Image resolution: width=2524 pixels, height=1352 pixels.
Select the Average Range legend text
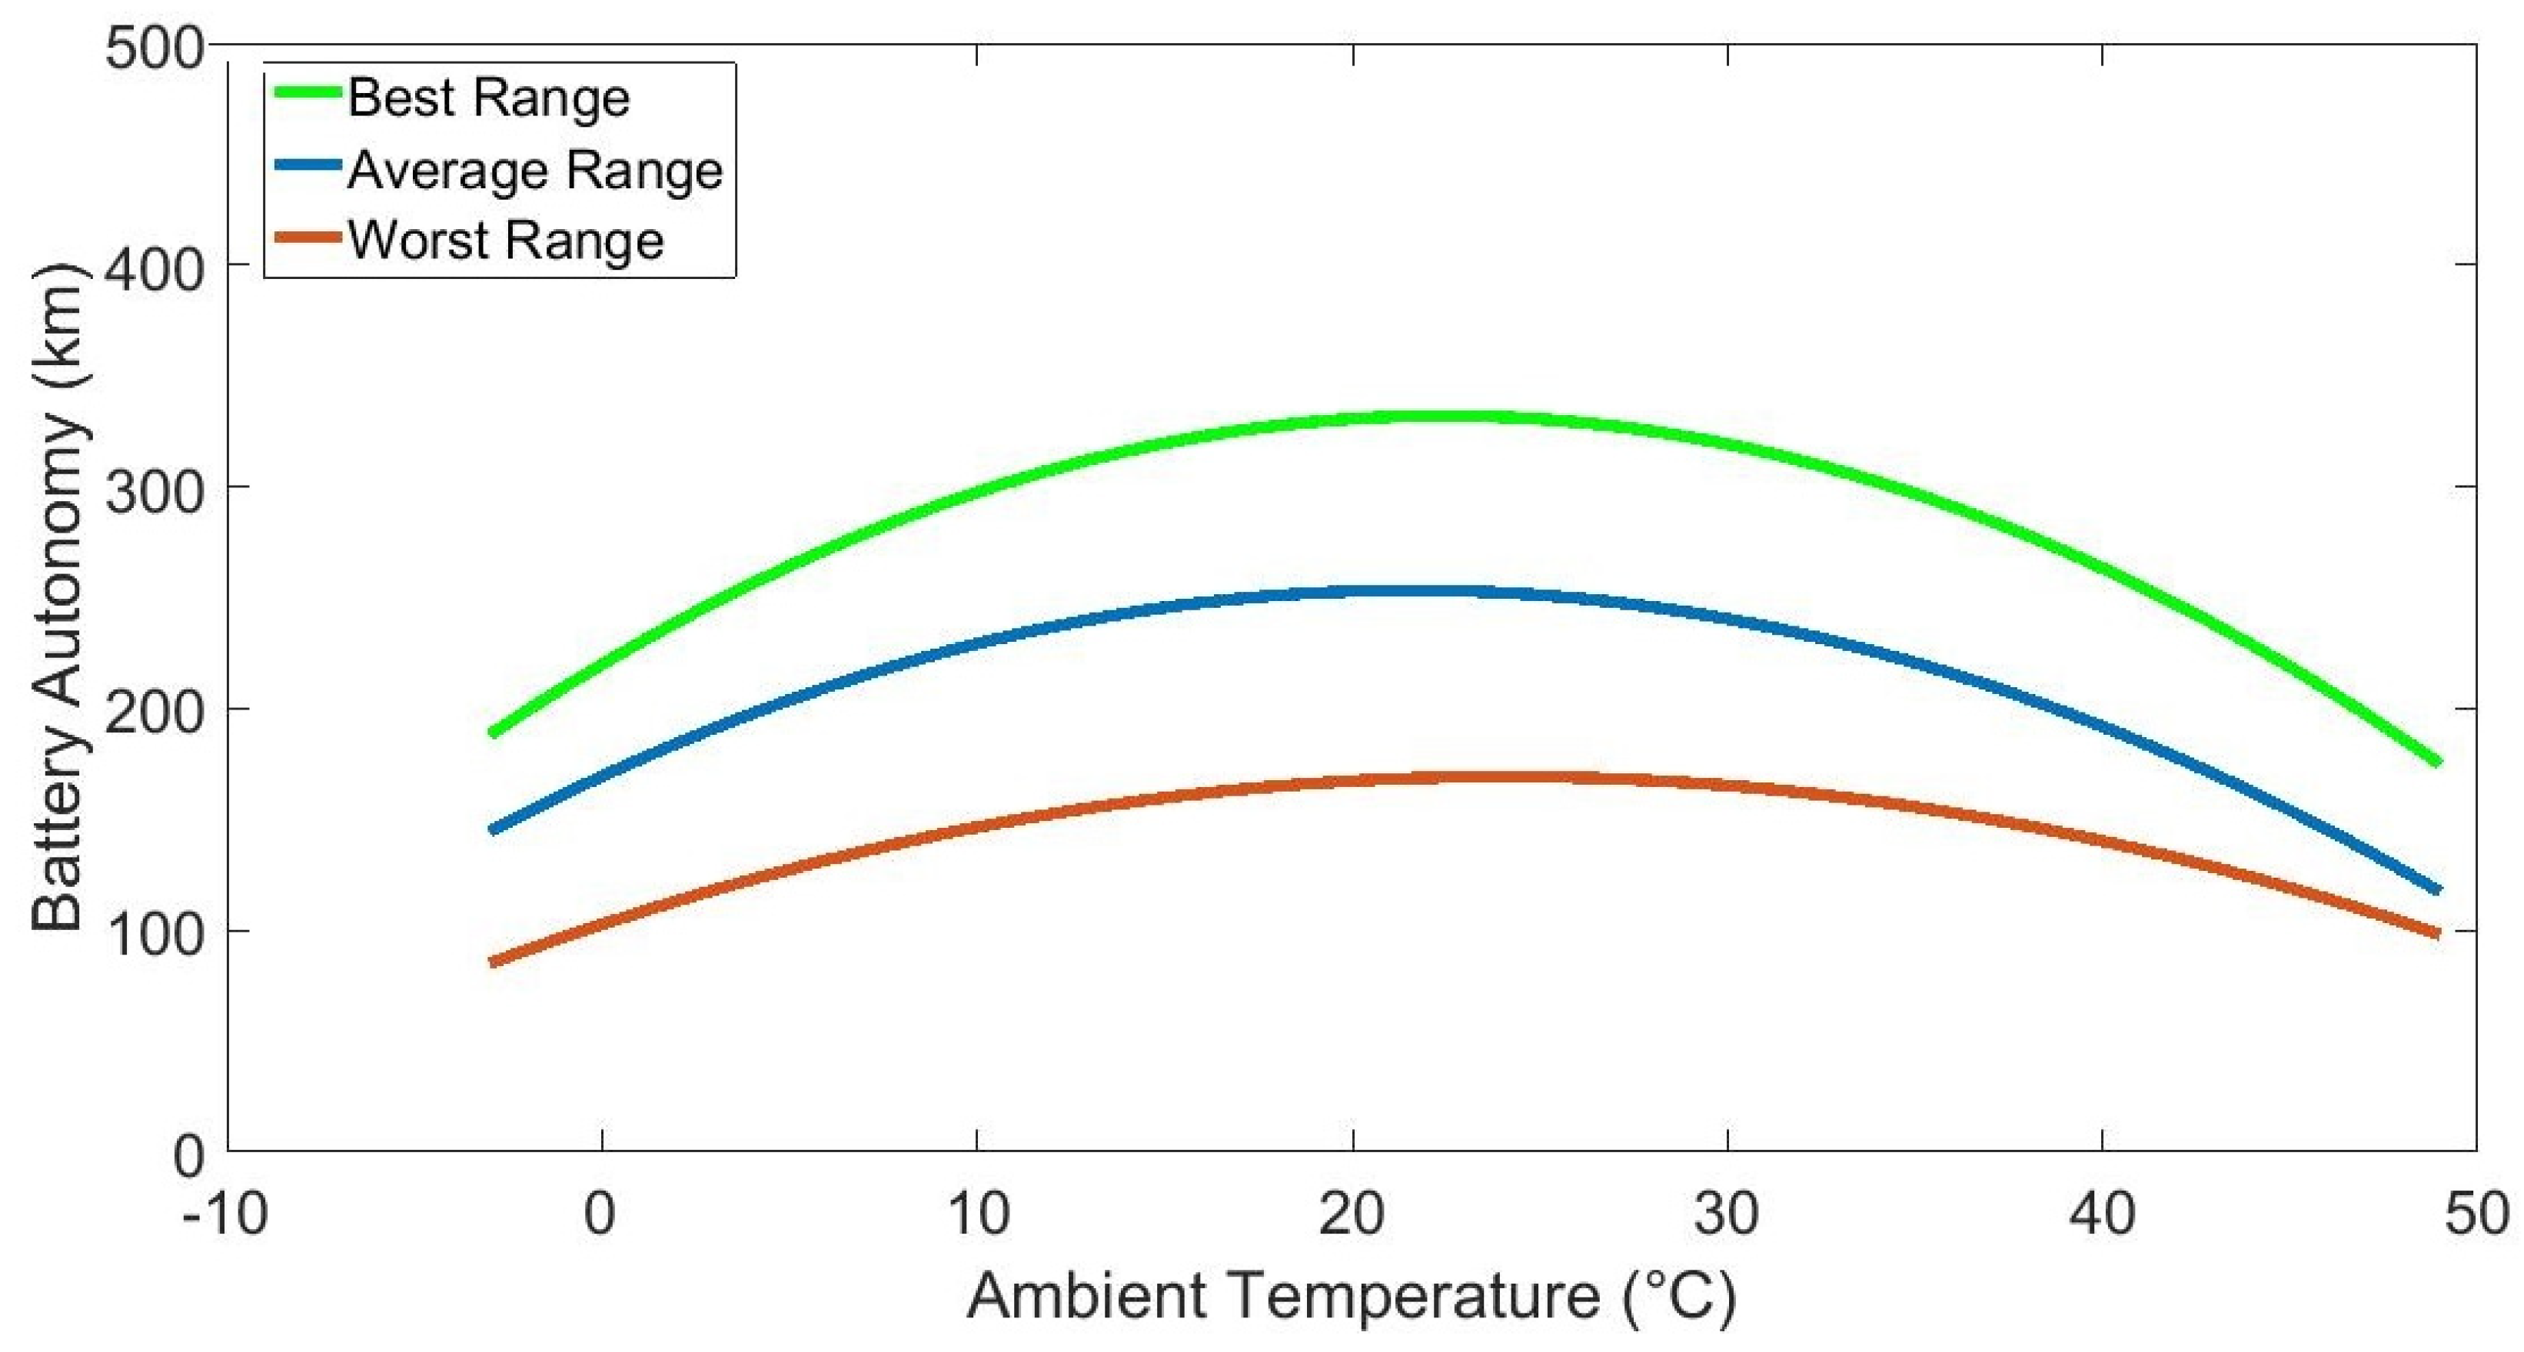[534, 171]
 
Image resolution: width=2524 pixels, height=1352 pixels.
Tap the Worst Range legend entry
[504, 240]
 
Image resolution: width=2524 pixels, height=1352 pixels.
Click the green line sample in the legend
[307, 92]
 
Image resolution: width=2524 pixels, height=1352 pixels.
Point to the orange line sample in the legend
[307, 237]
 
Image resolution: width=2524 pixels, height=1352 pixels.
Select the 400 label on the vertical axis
[155, 267]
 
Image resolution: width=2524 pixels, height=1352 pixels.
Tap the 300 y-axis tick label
[155, 489]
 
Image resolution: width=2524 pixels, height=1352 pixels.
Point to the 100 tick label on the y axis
[155, 932]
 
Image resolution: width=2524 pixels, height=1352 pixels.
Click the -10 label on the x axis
[225, 1215]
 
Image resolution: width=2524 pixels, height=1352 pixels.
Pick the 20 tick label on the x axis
[1352, 1215]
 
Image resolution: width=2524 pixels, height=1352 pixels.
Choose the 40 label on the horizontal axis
[2102, 1215]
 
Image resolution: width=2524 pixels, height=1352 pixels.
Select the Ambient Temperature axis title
[1352, 1296]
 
